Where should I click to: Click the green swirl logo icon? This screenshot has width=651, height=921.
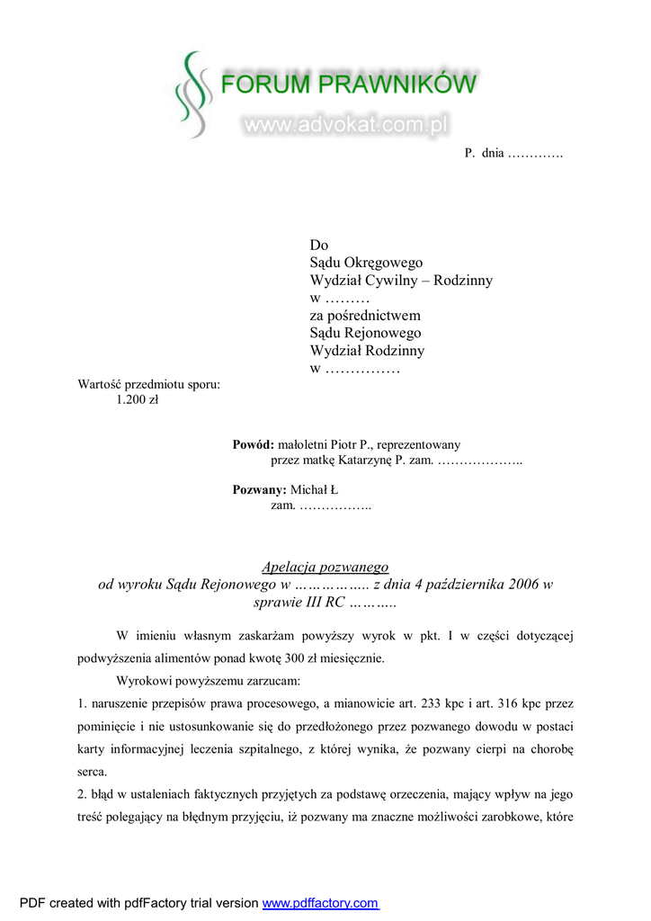coord(192,94)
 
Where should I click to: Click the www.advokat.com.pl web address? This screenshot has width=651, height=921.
coord(345,126)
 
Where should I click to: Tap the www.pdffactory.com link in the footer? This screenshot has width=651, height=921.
coord(320,903)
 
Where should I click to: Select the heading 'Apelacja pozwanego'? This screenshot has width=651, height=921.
coord(325,567)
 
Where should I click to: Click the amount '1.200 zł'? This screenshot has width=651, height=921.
coord(138,401)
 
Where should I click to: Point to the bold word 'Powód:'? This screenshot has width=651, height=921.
coord(253,444)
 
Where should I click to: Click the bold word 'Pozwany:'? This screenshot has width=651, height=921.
coord(259,490)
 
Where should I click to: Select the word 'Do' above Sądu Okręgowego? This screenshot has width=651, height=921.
coord(319,246)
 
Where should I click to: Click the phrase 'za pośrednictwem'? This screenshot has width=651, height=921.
coord(365,316)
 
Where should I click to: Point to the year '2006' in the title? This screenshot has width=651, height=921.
coord(524,585)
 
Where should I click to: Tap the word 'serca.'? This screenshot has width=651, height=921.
coord(93,771)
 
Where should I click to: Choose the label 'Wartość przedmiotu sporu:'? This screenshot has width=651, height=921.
coord(149,385)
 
